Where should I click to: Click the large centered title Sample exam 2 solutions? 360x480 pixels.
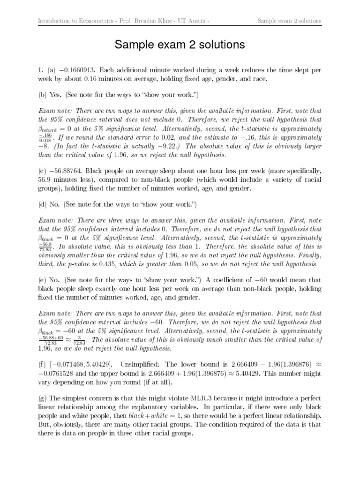point(180,45)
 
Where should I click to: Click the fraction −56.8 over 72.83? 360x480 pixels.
point(45,247)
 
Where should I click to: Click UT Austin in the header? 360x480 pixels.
point(190,21)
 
